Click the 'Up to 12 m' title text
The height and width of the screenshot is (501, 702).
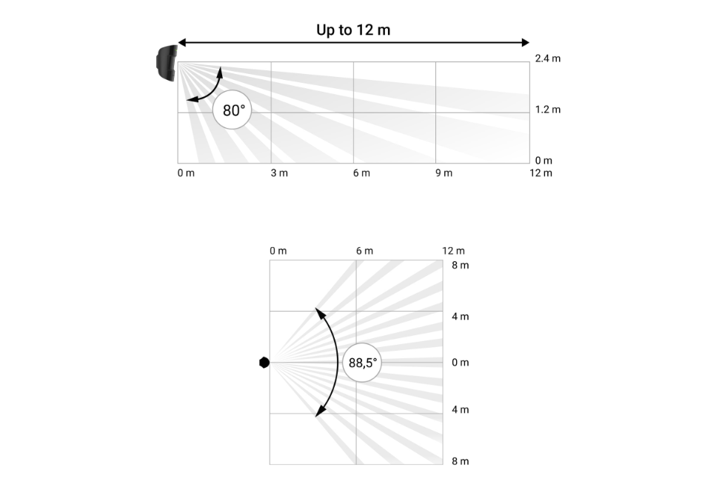point(353,30)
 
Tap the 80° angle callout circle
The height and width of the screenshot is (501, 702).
point(232,110)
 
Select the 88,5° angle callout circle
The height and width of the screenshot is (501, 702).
point(362,363)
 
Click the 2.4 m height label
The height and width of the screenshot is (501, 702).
point(547,58)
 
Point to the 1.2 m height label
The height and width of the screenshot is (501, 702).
point(547,110)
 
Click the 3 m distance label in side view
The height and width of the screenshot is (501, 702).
point(279,173)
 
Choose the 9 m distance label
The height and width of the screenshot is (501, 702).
point(444,173)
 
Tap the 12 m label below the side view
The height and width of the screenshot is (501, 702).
point(541,173)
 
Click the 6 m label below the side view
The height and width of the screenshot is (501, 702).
point(361,173)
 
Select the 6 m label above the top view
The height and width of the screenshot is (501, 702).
point(364,251)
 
